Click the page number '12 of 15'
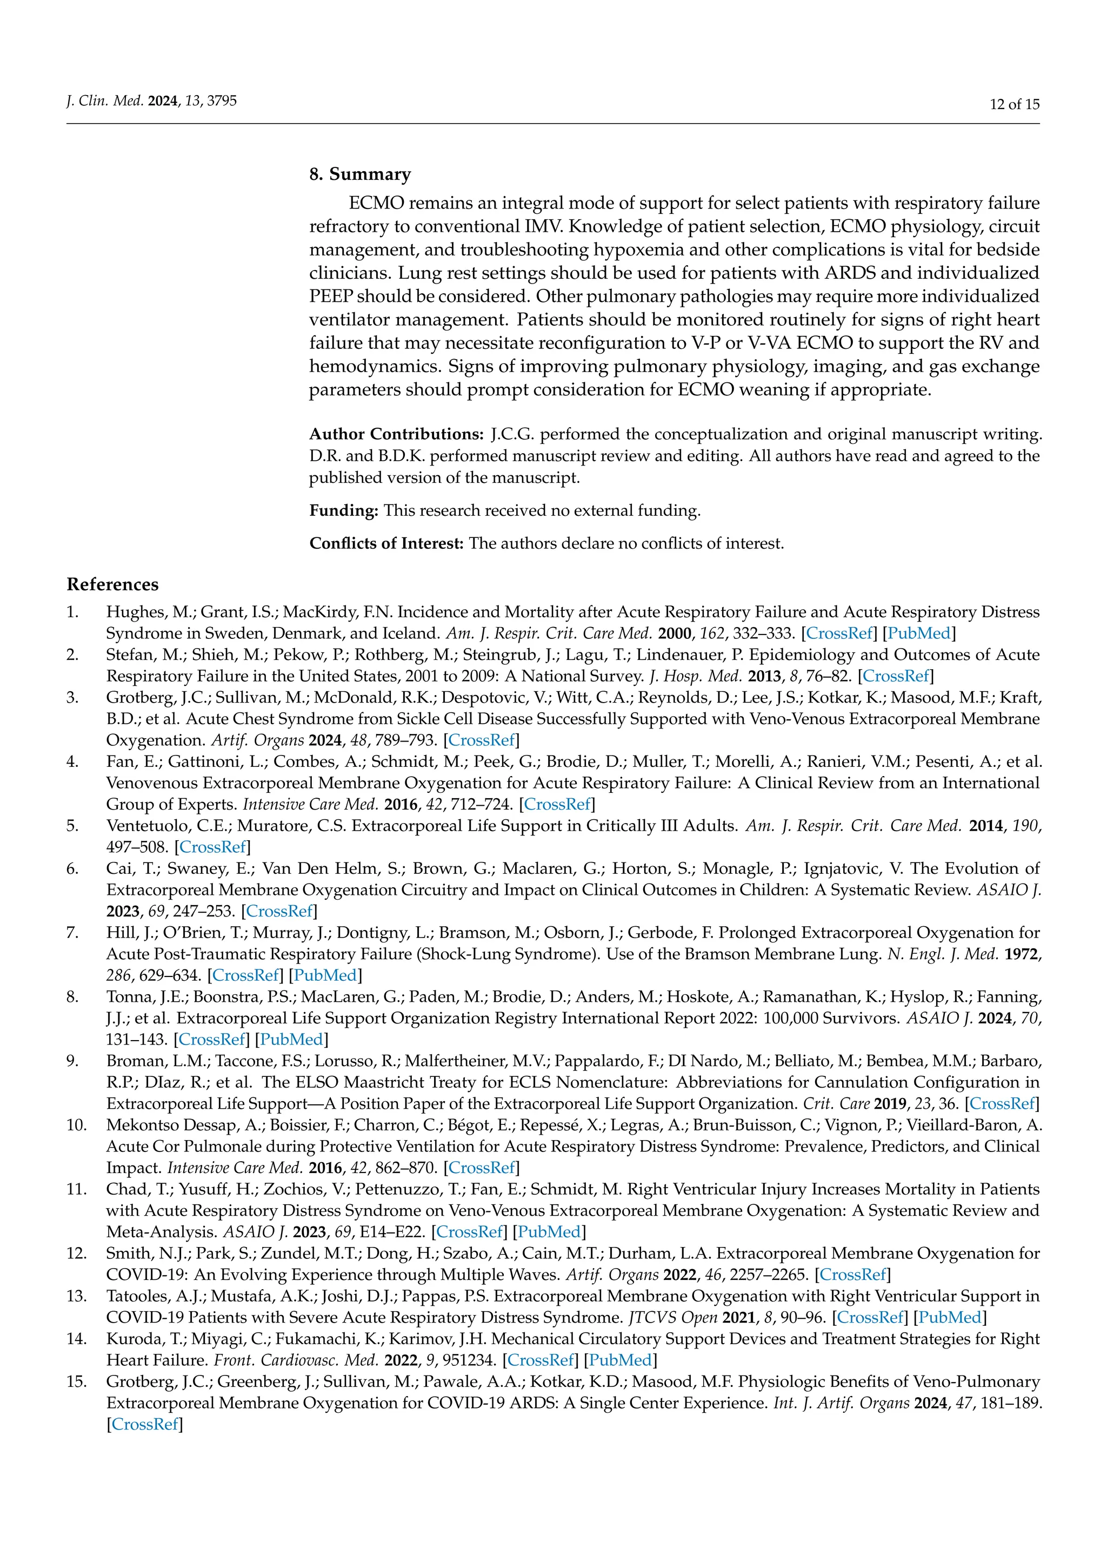click(x=1014, y=104)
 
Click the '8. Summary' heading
click(x=360, y=174)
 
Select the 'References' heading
click(x=112, y=584)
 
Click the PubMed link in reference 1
click(x=919, y=633)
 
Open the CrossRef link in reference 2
click(x=895, y=676)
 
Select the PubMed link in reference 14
click(x=619, y=1360)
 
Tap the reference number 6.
click(x=72, y=868)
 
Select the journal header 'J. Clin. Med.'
click(x=104, y=102)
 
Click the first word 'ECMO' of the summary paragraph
click(x=376, y=204)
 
